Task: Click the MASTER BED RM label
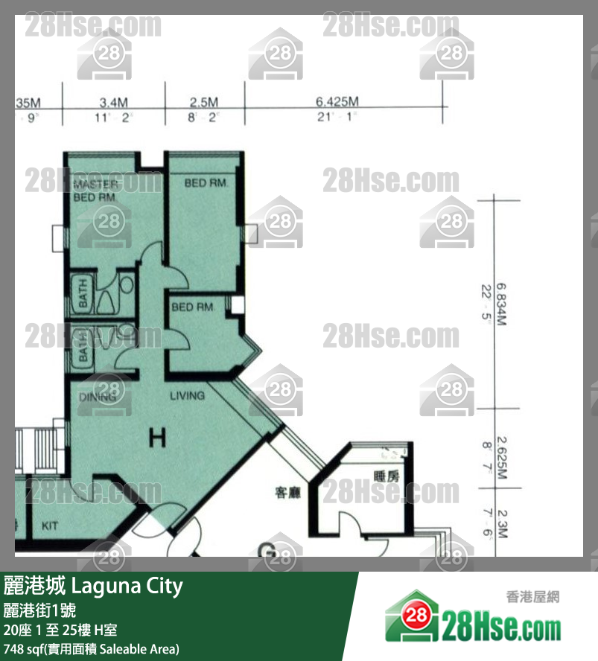[95, 191]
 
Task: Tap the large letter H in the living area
[156, 438]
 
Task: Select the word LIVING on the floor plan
[186, 395]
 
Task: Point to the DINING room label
[98, 397]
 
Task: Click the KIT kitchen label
[50, 526]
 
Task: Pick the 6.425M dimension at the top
[337, 102]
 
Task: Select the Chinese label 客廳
[287, 493]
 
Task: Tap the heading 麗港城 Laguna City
[93, 586]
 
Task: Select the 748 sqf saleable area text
[91, 648]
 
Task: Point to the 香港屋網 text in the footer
[532, 597]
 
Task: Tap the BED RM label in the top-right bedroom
[204, 182]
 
